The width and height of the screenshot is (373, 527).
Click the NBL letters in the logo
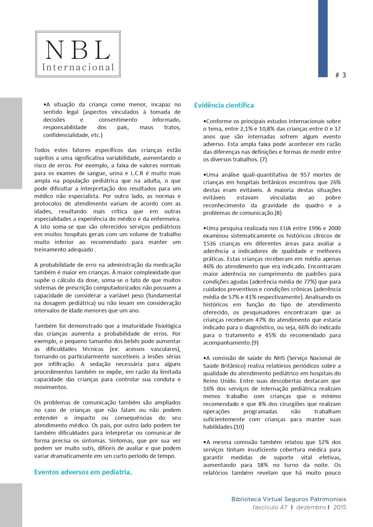click(78, 50)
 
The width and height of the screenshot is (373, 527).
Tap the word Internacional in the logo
click(78, 67)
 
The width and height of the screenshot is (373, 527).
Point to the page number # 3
click(341, 75)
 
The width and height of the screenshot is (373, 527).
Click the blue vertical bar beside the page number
click(323, 38)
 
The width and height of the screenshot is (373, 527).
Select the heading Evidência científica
click(224, 105)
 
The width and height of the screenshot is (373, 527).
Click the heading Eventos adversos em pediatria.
click(83, 472)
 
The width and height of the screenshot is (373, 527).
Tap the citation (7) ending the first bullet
click(263, 160)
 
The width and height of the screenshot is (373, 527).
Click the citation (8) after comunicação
click(278, 213)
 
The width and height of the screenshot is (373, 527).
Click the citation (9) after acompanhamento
click(255, 343)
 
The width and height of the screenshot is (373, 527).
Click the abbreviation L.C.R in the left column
click(137, 173)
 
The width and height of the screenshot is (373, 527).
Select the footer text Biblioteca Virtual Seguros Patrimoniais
click(289, 499)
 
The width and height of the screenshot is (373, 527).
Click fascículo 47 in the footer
click(270, 507)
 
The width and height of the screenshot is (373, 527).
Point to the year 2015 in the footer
click(340, 507)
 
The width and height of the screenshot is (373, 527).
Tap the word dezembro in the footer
click(311, 507)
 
